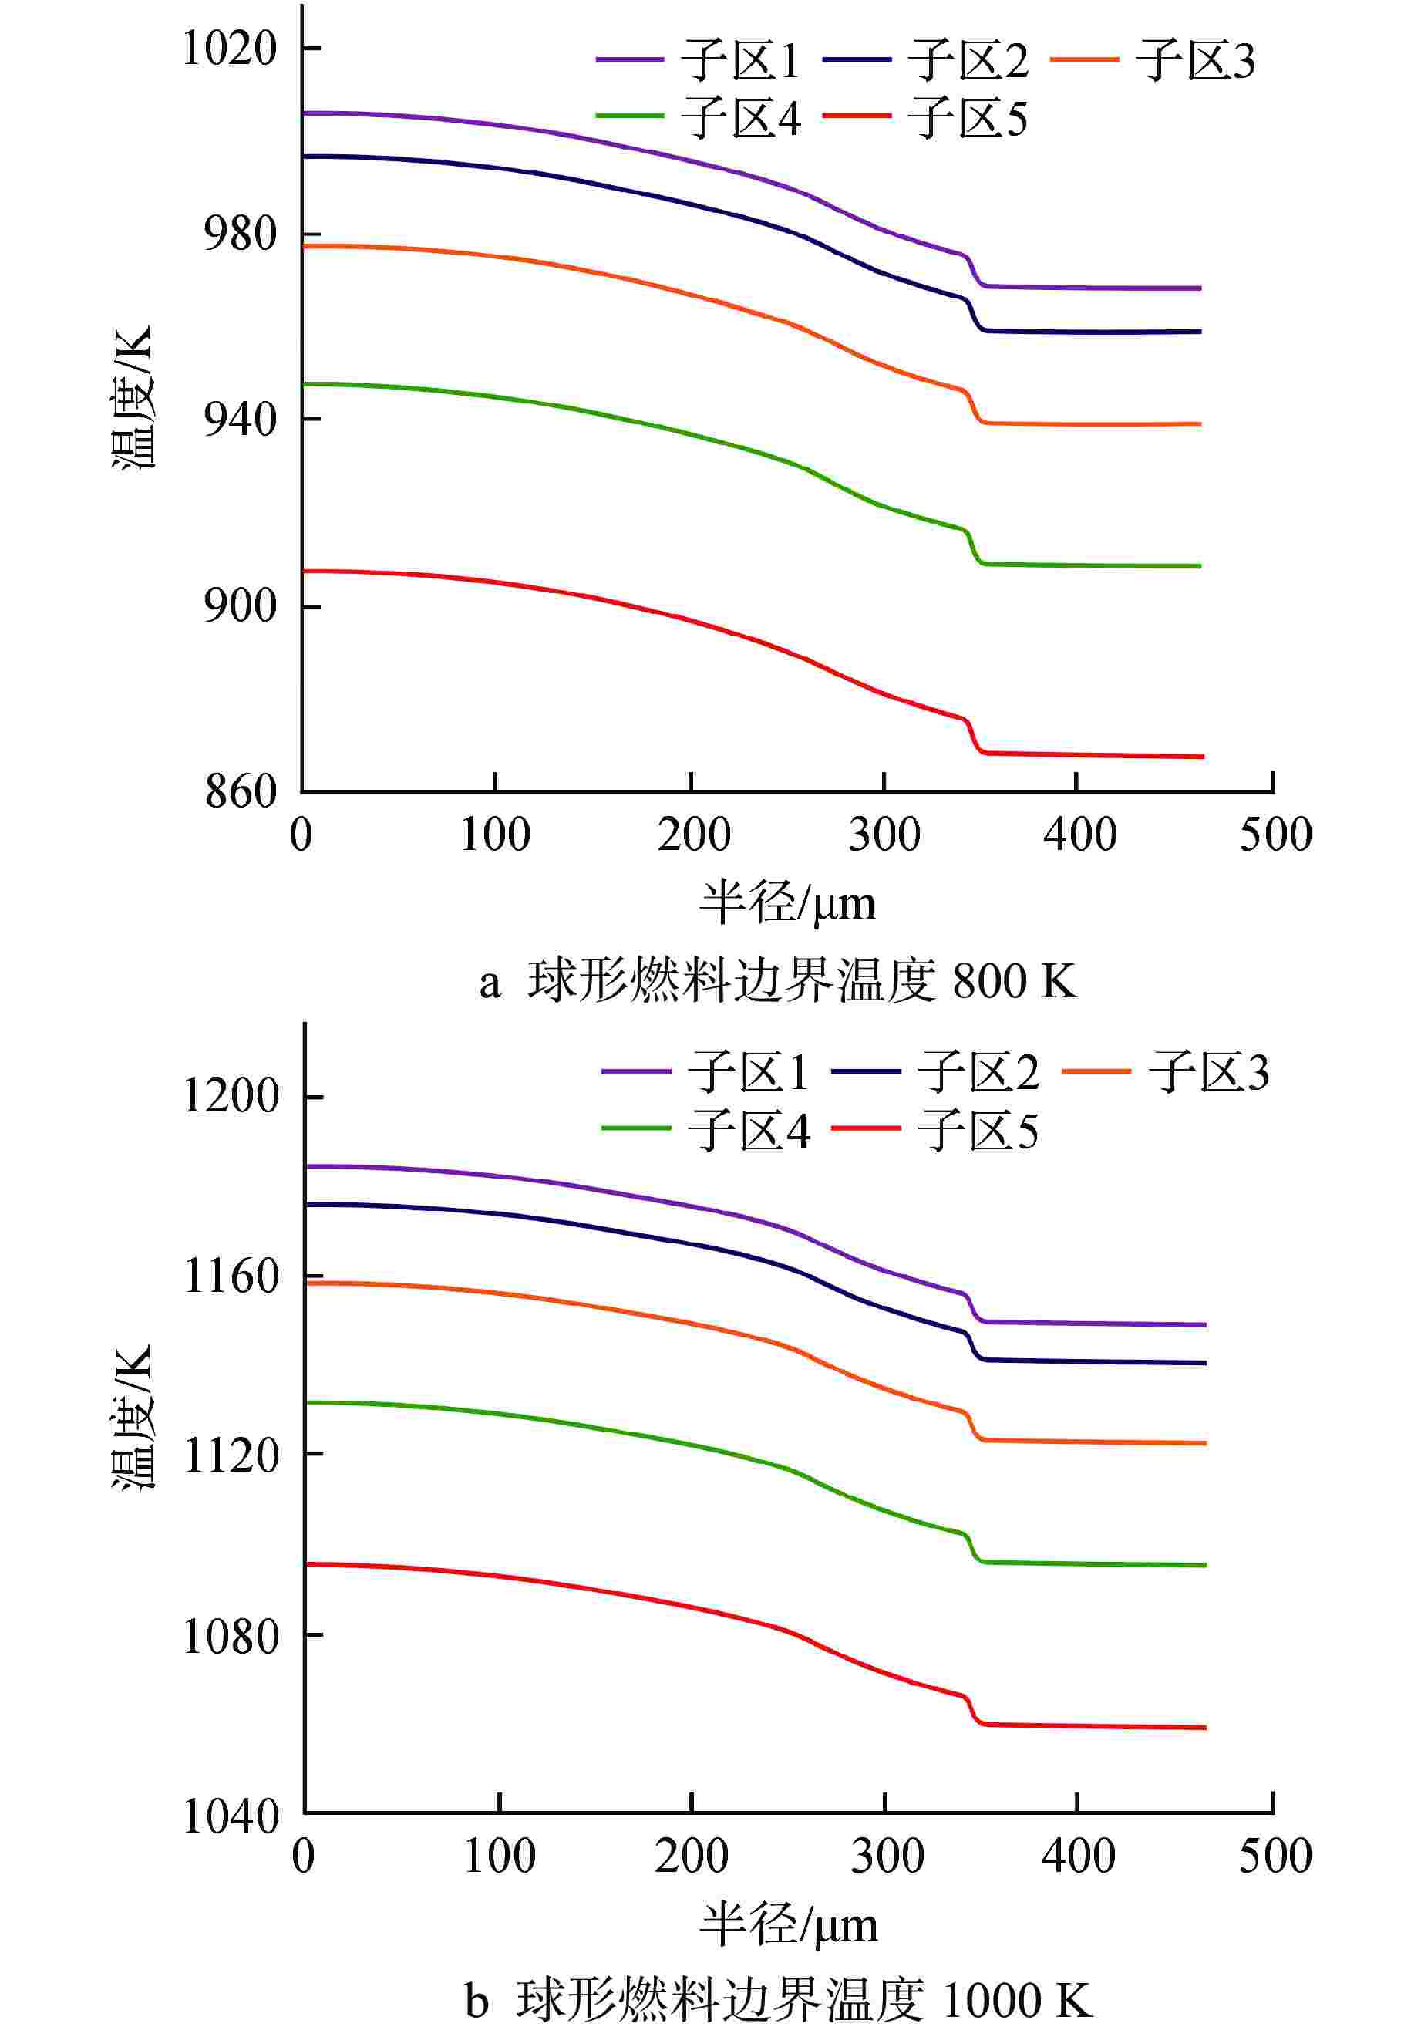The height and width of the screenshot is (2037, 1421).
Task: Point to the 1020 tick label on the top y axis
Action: point(230,48)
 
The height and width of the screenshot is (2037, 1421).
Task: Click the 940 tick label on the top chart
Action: point(241,419)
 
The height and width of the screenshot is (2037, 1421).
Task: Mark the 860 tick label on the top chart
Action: point(241,791)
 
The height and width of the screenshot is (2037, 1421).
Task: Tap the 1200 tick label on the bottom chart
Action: point(230,1097)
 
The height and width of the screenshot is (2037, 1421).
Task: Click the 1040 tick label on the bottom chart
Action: point(230,1817)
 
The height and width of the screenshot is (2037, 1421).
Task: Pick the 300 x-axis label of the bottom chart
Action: point(886,1857)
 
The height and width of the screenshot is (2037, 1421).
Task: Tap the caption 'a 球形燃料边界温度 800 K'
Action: point(778,983)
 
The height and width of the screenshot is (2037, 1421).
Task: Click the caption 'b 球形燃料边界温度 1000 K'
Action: point(778,2002)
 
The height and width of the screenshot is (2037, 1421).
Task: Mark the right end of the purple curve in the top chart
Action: point(1199,288)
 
